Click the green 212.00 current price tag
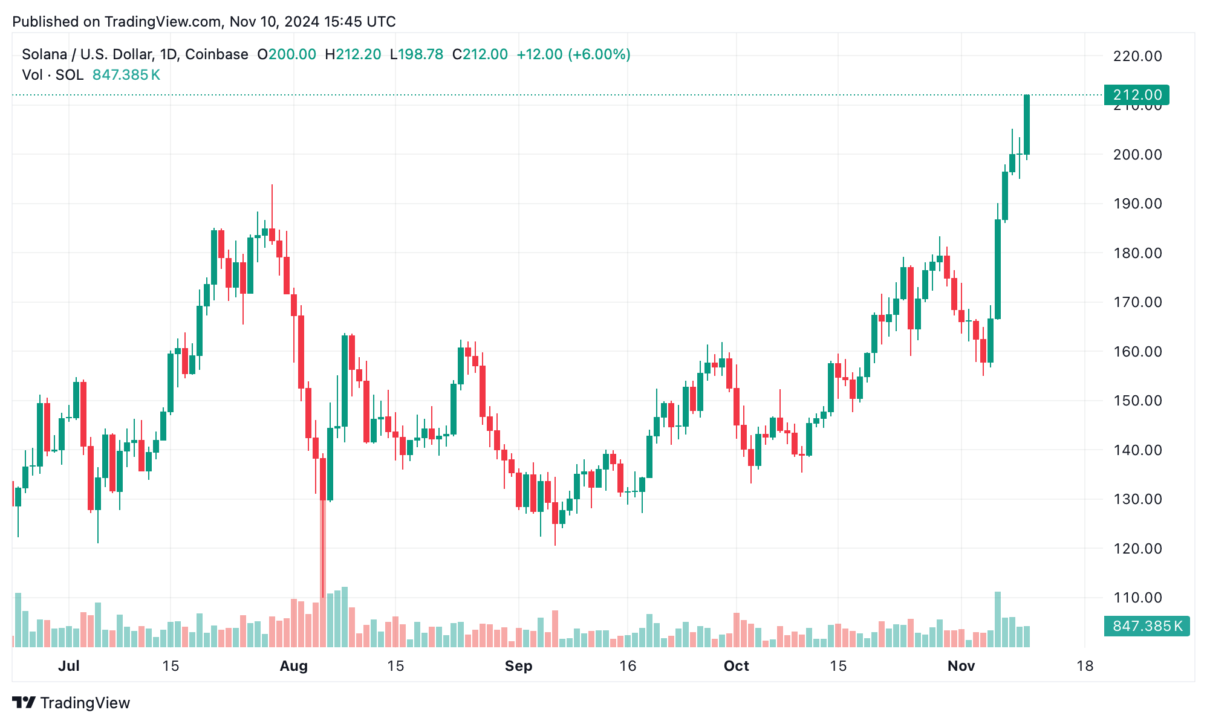[x=1136, y=95]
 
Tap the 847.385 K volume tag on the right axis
[x=1147, y=626]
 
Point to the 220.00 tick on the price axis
[x=1137, y=56]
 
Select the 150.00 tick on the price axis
[x=1137, y=401]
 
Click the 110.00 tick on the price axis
[x=1137, y=598]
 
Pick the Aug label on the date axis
[x=293, y=666]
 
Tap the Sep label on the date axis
[x=518, y=666]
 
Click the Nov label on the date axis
[x=961, y=666]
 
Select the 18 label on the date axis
[x=1085, y=666]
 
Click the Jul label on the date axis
[x=68, y=666]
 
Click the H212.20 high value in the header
[x=353, y=54]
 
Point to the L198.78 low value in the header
[x=417, y=54]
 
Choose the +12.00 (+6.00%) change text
[x=573, y=54]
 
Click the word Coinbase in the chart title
[x=216, y=54]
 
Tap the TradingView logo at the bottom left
[x=71, y=703]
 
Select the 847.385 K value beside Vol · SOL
[x=126, y=75]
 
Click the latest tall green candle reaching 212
[x=1027, y=124]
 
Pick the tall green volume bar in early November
[x=998, y=619]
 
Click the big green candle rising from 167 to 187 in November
[x=998, y=269]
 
